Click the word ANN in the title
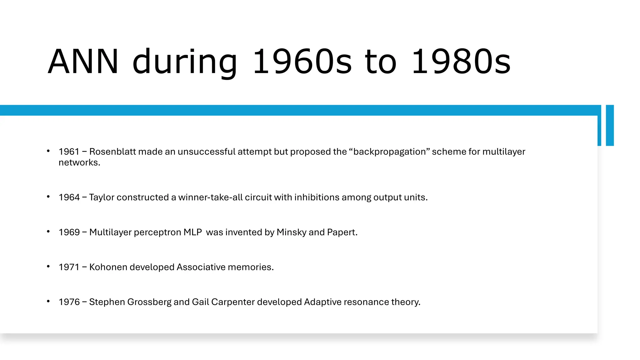[x=83, y=62]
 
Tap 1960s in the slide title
[x=302, y=62]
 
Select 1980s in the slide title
[x=461, y=62]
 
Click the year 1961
[x=69, y=152]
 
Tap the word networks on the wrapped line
[x=79, y=162]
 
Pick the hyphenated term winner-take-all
[x=210, y=197]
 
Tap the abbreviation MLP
[x=192, y=232]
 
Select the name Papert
[x=342, y=232]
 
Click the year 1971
[x=69, y=267]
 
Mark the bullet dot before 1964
[x=48, y=197]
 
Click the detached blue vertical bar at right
[x=610, y=125]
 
